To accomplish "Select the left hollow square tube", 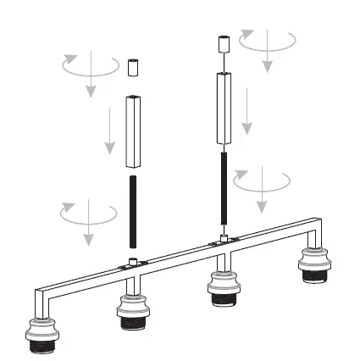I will (132, 131).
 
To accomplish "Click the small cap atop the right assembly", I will (224, 43).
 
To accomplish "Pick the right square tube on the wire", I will (224, 108).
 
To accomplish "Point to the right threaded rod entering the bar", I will (224, 191).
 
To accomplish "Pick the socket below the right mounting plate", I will (223, 288).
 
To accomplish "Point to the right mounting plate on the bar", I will (223, 245).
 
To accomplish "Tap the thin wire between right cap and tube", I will (224, 62).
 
